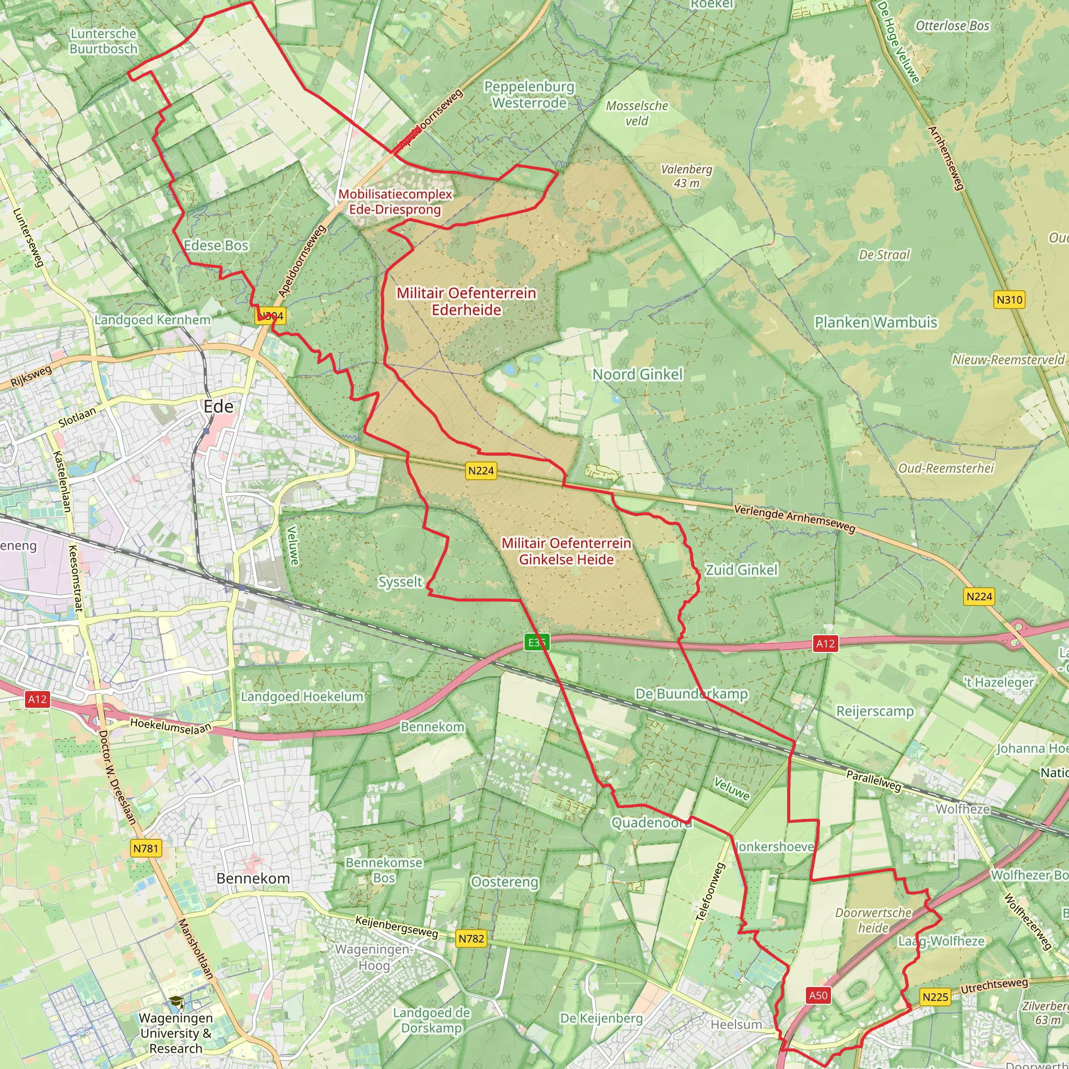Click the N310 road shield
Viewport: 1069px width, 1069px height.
pyautogui.click(x=1009, y=300)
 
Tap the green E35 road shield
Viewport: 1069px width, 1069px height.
pyautogui.click(x=537, y=643)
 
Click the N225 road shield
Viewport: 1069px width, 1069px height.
pyautogui.click(x=935, y=997)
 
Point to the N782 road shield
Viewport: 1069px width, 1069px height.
pyautogui.click(x=471, y=939)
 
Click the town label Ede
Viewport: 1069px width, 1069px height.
pyautogui.click(x=219, y=407)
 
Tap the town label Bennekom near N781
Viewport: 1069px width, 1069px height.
pyautogui.click(x=253, y=878)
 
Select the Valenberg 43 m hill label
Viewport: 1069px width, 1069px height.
pyautogui.click(x=687, y=176)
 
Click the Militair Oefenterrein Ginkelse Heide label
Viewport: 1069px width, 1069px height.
pyautogui.click(x=566, y=551)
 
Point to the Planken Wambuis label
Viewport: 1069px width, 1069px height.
pyautogui.click(x=876, y=323)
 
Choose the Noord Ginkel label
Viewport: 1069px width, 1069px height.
pyautogui.click(x=637, y=375)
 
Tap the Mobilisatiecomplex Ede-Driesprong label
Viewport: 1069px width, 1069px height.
pyautogui.click(x=395, y=202)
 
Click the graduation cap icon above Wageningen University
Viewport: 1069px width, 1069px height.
pyautogui.click(x=176, y=1002)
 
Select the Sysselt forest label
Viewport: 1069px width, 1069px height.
pyautogui.click(x=400, y=582)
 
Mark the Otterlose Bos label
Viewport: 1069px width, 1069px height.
pyautogui.click(x=952, y=26)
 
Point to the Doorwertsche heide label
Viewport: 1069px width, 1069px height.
pyautogui.click(x=873, y=920)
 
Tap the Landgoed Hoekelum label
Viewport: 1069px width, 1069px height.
pyautogui.click(x=302, y=697)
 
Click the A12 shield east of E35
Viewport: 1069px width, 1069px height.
pyautogui.click(x=825, y=644)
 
